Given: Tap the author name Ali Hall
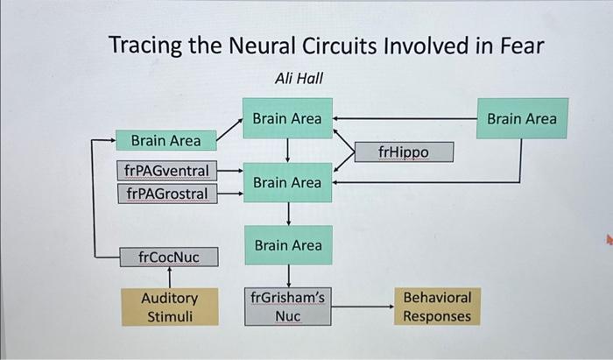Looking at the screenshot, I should (x=299, y=78).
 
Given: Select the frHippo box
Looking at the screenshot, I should (x=404, y=152).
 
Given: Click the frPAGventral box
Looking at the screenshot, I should (x=166, y=169).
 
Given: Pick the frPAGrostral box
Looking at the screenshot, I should (x=166, y=193).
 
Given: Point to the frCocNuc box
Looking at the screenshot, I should (x=169, y=257).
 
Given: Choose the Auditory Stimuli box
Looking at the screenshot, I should (x=169, y=307).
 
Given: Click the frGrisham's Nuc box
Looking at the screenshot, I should (x=287, y=307).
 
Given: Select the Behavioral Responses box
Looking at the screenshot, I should (x=436, y=307).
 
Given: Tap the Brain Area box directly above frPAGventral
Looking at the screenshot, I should (x=166, y=140).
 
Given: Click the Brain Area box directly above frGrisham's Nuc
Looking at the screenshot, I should (x=287, y=245).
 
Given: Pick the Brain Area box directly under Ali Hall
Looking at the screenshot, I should (x=287, y=118).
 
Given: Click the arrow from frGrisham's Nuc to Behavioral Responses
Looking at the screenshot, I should (x=363, y=307).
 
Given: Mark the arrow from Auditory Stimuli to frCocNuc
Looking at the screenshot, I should (x=169, y=278).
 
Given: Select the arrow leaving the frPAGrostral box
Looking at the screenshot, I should (x=230, y=194).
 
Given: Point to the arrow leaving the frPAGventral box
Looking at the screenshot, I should (x=230, y=170).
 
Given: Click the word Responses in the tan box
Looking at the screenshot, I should (x=436, y=316).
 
